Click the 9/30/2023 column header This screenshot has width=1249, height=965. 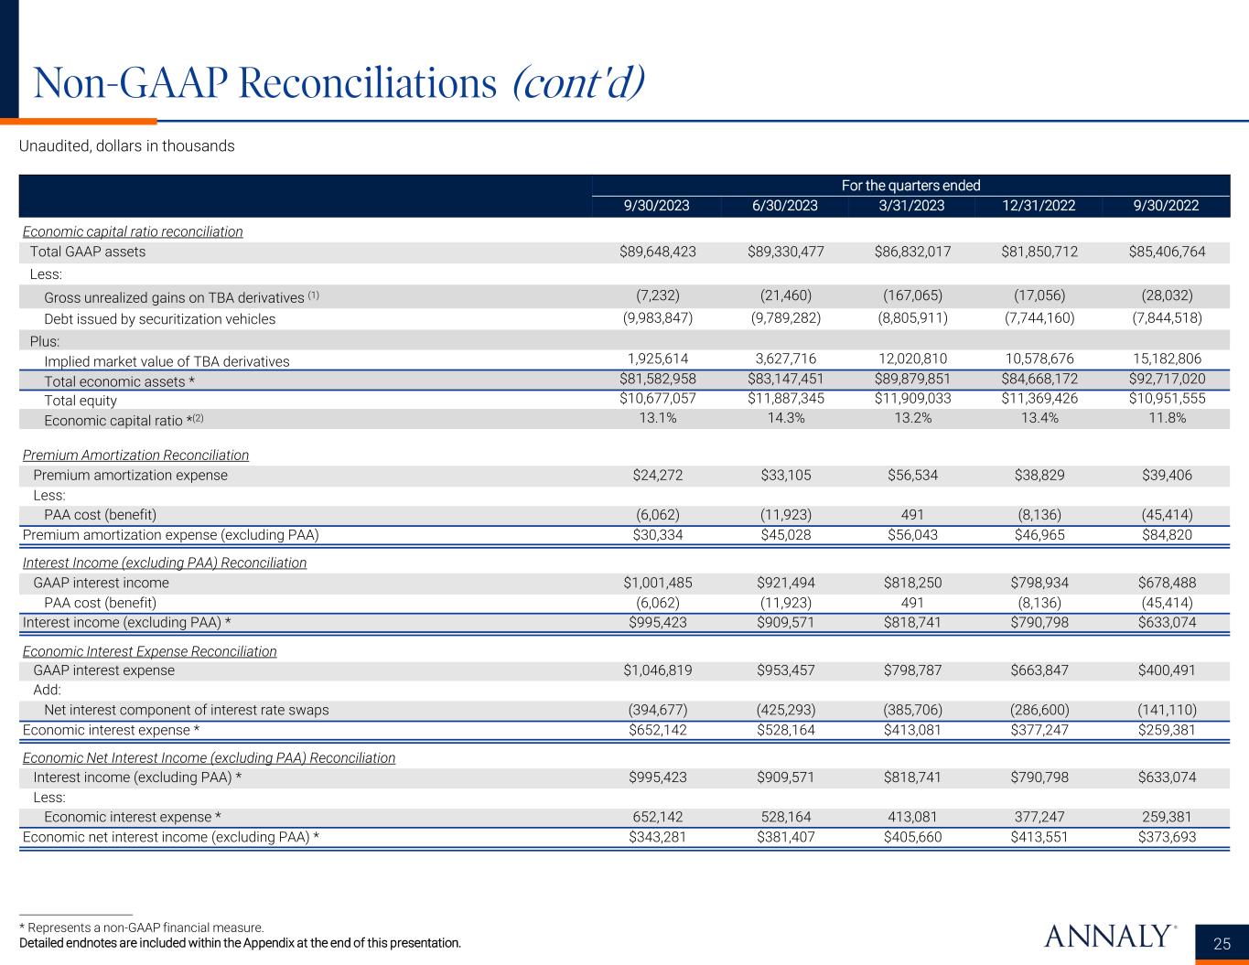click(656, 206)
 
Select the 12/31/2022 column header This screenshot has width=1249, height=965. click(1039, 206)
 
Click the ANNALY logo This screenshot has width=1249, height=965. click(1107, 937)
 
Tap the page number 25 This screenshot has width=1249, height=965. click(1222, 944)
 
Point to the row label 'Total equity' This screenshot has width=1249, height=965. click(81, 400)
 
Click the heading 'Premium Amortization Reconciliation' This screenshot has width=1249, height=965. click(135, 455)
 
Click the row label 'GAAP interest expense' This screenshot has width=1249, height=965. click(103, 670)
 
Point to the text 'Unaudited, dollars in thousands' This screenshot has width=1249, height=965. click(127, 146)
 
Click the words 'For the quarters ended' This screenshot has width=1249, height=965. click(910, 186)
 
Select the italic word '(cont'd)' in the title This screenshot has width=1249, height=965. click(577, 84)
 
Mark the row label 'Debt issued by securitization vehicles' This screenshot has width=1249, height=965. click(159, 319)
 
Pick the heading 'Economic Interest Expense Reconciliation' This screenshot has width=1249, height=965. click(149, 651)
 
